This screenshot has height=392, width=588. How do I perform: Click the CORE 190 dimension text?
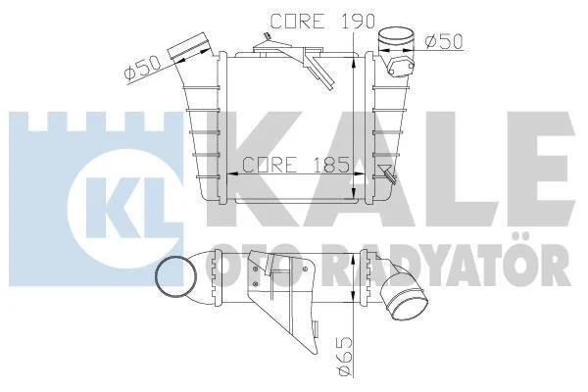pos(322,22)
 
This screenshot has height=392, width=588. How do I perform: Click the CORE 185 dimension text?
pos(296,165)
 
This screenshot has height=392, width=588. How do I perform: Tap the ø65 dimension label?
pos(343,356)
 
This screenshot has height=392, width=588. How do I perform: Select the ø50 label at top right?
pos(444,41)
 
